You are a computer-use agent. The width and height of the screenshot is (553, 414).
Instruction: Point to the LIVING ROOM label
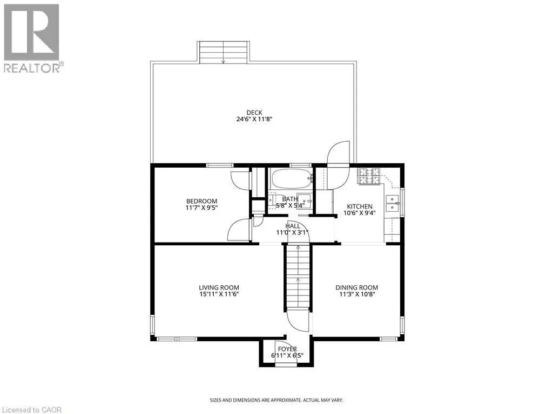(219, 288)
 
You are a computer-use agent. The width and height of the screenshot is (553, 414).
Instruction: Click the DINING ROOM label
(356, 288)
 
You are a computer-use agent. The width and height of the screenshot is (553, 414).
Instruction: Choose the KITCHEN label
(359, 206)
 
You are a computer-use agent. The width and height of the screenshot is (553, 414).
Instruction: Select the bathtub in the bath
(291, 178)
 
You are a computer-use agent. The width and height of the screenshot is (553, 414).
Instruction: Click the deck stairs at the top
(224, 52)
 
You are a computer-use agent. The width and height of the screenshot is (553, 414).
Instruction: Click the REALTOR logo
(32, 38)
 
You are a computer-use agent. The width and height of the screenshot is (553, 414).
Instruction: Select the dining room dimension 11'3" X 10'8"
(356, 295)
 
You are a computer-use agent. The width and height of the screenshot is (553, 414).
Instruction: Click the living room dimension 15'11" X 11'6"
(219, 295)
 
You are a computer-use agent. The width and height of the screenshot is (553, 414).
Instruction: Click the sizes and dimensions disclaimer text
(276, 400)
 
